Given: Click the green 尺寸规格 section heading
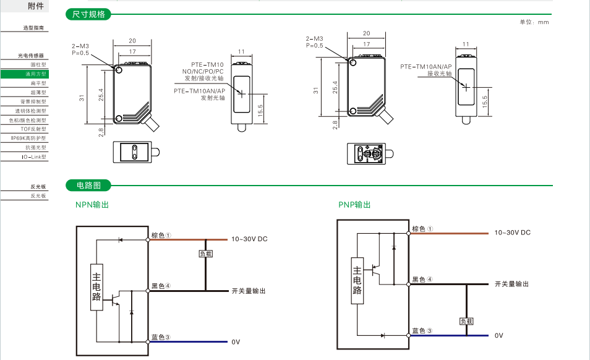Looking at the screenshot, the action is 88,14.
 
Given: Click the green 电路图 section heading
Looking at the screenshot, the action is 88,185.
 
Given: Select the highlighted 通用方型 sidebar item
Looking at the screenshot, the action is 25,74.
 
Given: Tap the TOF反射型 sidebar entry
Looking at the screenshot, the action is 33,129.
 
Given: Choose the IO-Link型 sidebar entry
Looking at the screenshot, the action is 34,157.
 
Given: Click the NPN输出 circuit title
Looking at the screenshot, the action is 92,205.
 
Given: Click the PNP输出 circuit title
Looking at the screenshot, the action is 354,205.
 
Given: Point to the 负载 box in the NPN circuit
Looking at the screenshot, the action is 206,254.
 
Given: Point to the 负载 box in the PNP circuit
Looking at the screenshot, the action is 466,321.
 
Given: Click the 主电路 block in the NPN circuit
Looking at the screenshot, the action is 96,287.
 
